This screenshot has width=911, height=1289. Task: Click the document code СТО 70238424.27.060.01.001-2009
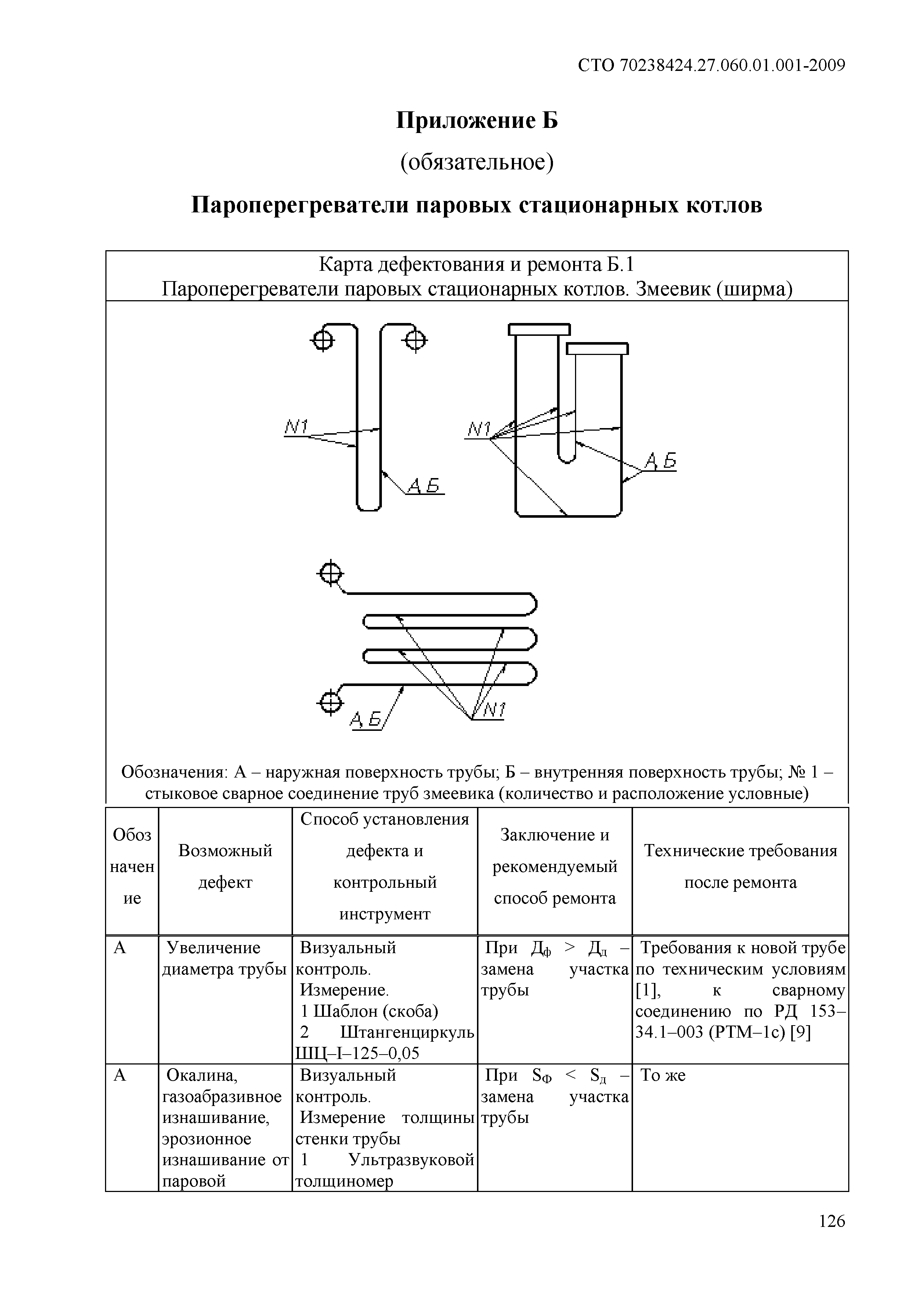point(711,66)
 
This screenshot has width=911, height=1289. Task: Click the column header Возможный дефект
point(225,866)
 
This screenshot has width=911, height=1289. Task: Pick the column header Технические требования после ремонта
point(740,866)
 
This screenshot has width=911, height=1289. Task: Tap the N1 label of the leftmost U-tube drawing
point(297,427)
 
